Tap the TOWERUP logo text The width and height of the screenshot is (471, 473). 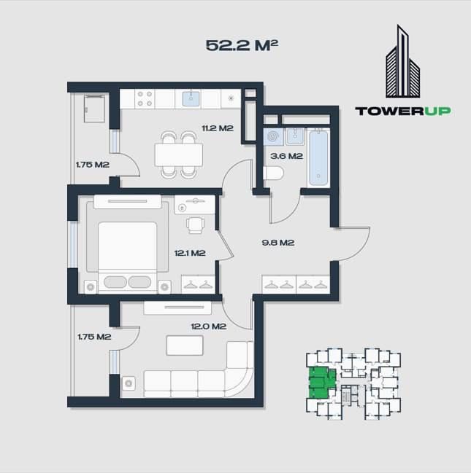pos(402,111)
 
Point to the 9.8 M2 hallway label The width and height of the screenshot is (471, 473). pos(278,243)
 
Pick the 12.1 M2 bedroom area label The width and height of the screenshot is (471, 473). pos(189,254)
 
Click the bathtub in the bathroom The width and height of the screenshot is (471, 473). pos(318,157)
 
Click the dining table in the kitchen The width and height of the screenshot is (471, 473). pos(179,154)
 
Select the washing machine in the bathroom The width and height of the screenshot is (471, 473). pos(274,137)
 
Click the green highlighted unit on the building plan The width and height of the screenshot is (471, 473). pos(319,383)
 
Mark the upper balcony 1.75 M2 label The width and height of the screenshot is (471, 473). pos(92,165)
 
